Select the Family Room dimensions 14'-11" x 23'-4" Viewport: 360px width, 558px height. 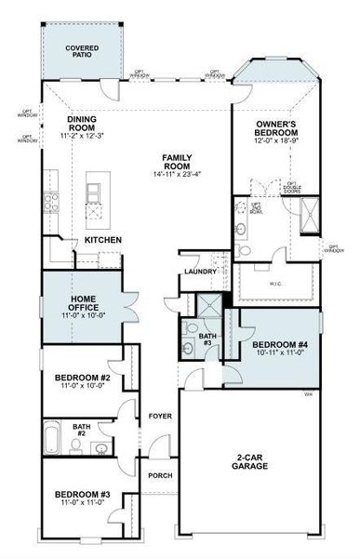tap(178, 174)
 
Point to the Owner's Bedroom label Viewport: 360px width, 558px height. tap(277, 128)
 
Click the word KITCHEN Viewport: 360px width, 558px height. tap(103, 240)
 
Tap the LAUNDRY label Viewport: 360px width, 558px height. tap(200, 272)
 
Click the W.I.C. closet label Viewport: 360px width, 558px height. tap(275, 283)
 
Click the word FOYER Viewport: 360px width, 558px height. tap(160, 416)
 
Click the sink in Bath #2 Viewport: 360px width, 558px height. tap(100, 448)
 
